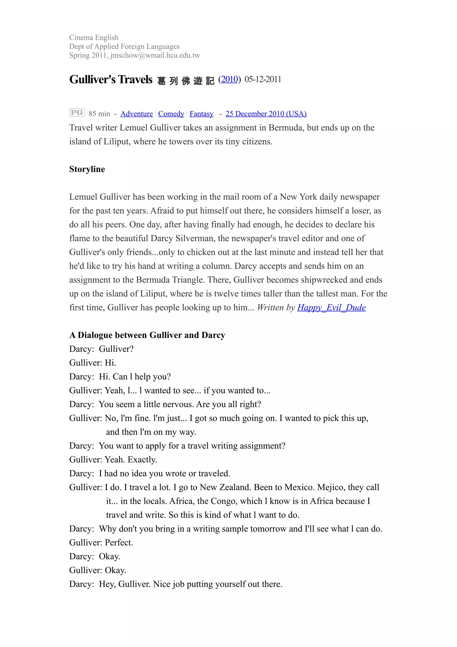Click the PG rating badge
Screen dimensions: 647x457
click(77, 113)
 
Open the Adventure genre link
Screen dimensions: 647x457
click(137, 114)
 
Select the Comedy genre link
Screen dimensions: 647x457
click(171, 114)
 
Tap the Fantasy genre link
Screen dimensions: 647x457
click(201, 114)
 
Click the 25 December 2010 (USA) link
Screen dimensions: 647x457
click(266, 114)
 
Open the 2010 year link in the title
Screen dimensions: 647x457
click(229, 79)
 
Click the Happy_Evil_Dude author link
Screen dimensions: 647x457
click(331, 307)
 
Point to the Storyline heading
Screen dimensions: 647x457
click(87, 169)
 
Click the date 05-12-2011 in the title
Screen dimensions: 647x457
click(263, 79)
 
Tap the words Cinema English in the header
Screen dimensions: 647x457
click(94, 38)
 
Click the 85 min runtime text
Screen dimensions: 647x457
click(99, 114)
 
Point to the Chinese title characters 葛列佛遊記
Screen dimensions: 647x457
click(186, 81)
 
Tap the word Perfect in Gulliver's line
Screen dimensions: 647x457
click(118, 543)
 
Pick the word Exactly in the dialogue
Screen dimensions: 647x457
click(142, 460)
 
